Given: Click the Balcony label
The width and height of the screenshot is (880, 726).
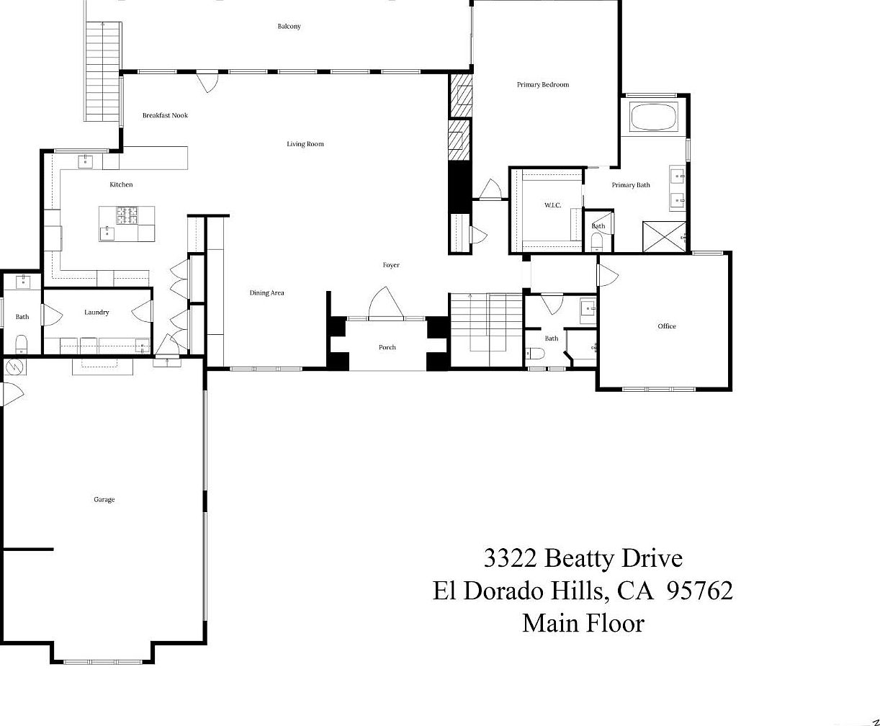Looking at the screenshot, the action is tap(289, 26).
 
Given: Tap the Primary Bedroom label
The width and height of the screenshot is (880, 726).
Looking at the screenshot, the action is tap(543, 85).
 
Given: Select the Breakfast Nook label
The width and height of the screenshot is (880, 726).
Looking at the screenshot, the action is tap(165, 115).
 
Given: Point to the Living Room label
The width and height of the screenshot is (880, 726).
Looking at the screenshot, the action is tap(305, 144).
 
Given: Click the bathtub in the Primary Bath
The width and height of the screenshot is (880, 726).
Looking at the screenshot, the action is tap(654, 117).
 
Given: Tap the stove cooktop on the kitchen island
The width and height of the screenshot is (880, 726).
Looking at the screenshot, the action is tap(127, 215).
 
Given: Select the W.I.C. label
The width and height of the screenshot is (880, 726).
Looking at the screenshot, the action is tap(552, 205).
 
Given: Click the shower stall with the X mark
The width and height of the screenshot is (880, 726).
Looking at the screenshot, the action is tap(664, 236).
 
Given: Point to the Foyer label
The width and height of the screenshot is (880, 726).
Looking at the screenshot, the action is tap(391, 265).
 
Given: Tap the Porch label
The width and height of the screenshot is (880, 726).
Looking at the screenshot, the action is tap(387, 347).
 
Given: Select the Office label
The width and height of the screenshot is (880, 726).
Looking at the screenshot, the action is tap(667, 326).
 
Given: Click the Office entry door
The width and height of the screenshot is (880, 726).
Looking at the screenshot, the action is tap(607, 276).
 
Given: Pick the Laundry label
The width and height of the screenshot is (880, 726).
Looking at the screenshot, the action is tap(96, 313).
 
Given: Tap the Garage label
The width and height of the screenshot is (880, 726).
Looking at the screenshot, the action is tap(104, 500).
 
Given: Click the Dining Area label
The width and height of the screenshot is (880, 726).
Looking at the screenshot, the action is tap(266, 293).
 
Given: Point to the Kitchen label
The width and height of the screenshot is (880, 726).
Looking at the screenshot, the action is tap(121, 184).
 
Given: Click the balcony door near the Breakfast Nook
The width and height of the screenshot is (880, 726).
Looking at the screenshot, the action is tap(207, 82).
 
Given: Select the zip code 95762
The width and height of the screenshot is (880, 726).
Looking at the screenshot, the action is tap(701, 591).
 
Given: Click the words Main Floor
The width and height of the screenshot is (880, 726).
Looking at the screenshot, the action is tap(584, 624).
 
